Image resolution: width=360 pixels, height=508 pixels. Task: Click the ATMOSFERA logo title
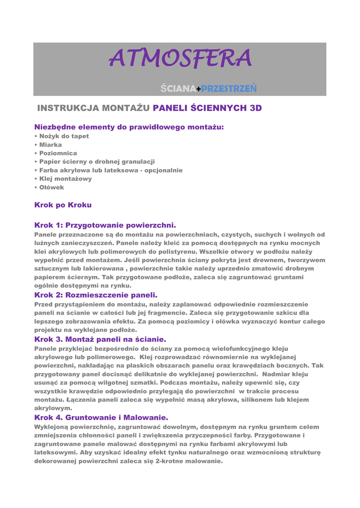[180, 59]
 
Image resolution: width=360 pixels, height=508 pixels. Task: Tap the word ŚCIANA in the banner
[178, 89]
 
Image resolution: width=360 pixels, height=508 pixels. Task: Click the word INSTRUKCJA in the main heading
[69, 108]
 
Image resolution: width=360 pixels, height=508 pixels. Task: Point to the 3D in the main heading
[255, 108]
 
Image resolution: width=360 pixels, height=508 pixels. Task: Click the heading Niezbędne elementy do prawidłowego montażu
[129, 127]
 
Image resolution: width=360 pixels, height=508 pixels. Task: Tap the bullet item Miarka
[50, 145]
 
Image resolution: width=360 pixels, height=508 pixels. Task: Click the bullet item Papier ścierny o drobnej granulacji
[97, 162]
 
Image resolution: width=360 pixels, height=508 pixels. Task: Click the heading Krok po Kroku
[63, 205]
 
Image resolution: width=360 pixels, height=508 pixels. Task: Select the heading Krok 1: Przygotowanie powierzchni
[105, 225]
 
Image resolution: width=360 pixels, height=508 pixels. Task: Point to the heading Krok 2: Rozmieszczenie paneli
[95, 295]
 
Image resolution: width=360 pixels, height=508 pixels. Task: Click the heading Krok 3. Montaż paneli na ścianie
[100, 339]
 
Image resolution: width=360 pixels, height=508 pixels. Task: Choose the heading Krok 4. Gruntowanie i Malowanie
[101, 418]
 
